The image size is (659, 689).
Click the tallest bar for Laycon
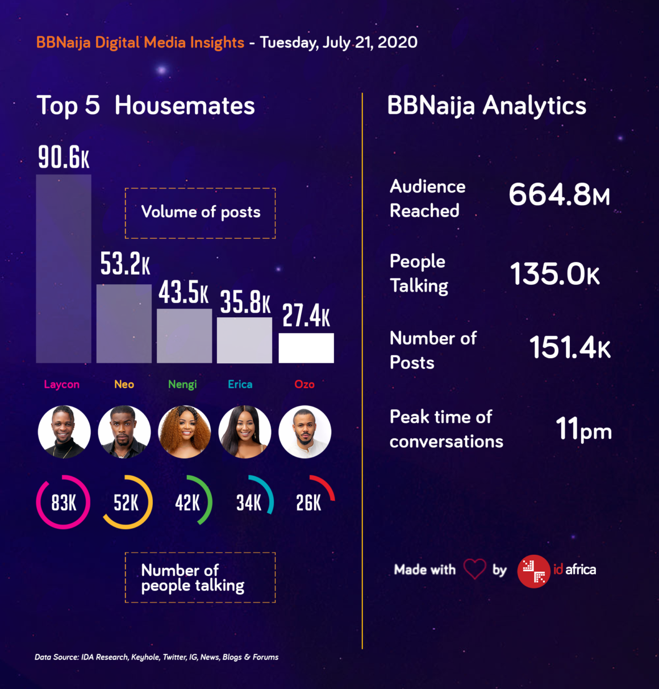(x=64, y=268)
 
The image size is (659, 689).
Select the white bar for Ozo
(x=306, y=348)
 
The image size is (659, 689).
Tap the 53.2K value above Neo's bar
(x=125, y=264)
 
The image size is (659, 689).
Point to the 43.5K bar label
(x=183, y=293)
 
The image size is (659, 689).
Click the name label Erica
(x=240, y=384)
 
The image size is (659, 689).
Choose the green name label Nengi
(x=182, y=384)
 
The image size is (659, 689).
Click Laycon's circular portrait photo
(x=64, y=432)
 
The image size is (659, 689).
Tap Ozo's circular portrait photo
(x=305, y=432)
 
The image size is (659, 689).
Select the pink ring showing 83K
(x=63, y=502)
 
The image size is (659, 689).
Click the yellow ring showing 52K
(x=126, y=502)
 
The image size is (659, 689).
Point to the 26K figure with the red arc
(x=309, y=503)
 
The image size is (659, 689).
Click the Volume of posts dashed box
(x=200, y=213)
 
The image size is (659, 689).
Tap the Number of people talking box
(x=200, y=577)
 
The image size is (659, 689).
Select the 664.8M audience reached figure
(x=559, y=194)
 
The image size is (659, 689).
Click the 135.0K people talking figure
(x=555, y=274)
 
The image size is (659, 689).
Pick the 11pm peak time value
(x=583, y=429)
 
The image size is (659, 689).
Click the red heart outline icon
(x=474, y=569)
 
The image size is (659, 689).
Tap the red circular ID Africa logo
(x=533, y=571)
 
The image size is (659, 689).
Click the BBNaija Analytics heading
(x=486, y=106)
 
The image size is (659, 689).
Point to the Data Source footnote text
(x=157, y=657)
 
